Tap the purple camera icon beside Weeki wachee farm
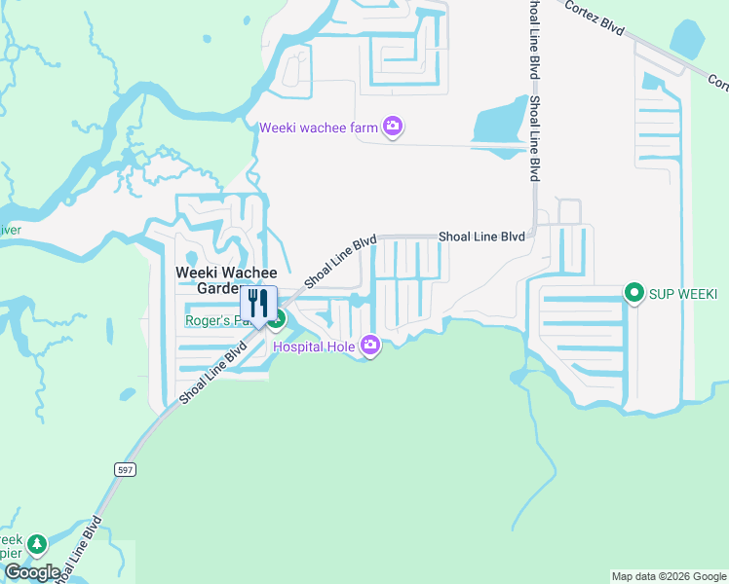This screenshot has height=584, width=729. coord(393,127)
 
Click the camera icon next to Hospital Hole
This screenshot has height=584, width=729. coord(370,345)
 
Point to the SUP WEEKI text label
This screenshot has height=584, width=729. coord(684,293)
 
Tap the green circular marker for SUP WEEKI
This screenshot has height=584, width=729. coord(634,292)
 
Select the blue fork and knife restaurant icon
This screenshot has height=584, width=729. coord(258,302)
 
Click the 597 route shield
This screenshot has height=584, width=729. coord(129,470)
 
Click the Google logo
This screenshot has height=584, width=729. coord(31,572)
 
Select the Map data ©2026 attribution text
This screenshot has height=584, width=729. coord(668,576)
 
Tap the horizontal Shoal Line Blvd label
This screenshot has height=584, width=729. coord(481,237)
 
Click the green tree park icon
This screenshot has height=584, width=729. coord(37,543)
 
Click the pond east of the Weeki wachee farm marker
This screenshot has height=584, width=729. coord(498,126)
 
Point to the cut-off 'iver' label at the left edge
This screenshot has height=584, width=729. coord(10,231)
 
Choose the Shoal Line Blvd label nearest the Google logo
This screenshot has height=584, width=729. coord(79,550)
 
